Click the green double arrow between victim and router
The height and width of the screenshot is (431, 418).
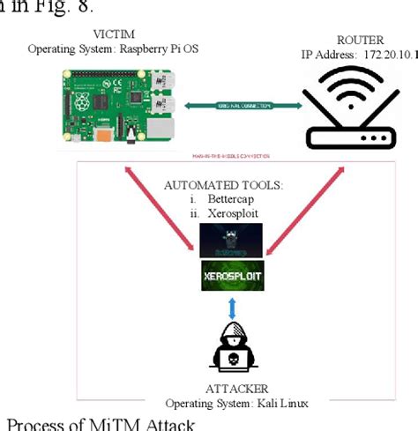coord(243,106)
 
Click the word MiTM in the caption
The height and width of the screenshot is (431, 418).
coord(115,424)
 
